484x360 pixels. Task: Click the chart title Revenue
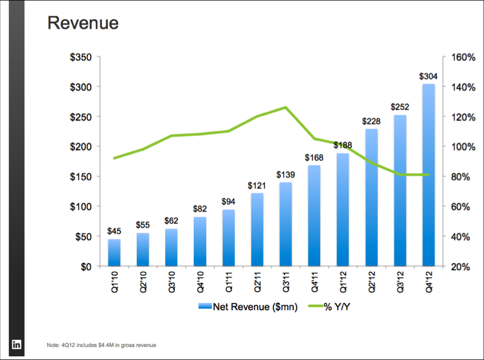[x=83, y=23]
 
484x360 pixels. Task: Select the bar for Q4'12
[x=428, y=175]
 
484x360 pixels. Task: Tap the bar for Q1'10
[x=114, y=253]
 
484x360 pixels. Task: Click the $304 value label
[x=428, y=76]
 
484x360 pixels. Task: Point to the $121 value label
[x=257, y=186]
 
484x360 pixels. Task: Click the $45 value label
[x=114, y=232]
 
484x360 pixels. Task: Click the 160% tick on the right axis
[x=463, y=57]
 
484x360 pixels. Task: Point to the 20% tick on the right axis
[x=460, y=267]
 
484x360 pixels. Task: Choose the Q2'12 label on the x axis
[x=371, y=283]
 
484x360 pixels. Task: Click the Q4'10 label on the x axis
[x=200, y=283]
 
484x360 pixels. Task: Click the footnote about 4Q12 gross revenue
[x=102, y=345]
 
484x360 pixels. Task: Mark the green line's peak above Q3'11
[x=286, y=107]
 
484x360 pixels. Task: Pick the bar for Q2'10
[x=143, y=250]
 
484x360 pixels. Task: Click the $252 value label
[x=400, y=107]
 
